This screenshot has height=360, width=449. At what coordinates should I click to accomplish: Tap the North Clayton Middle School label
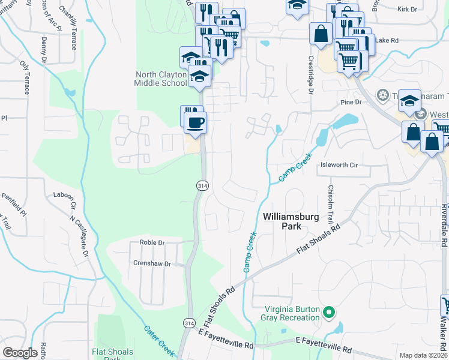161,79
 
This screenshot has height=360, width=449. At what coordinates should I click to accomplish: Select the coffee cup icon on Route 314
195,123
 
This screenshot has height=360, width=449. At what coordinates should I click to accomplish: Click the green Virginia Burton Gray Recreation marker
328,312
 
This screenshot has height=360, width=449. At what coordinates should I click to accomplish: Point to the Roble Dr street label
152,242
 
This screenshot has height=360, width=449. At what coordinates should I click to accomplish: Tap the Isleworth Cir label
339,164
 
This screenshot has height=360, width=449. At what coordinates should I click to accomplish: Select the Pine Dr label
351,103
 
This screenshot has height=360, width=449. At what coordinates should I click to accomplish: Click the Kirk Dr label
407,10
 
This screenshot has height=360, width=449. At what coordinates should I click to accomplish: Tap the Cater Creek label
158,340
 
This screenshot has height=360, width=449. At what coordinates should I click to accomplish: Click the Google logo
20,353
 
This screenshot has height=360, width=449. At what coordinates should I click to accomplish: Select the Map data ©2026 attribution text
423,355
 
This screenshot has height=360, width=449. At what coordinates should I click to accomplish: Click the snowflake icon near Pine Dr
381,95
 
